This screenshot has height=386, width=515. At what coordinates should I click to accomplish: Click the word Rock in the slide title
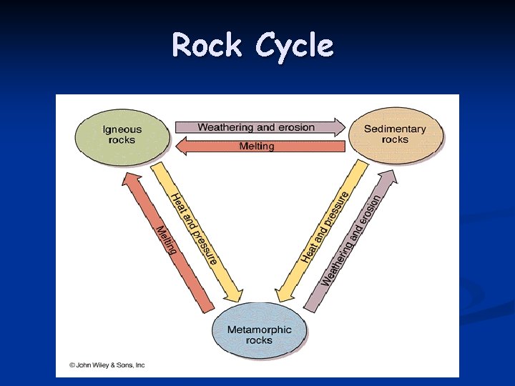point(208,46)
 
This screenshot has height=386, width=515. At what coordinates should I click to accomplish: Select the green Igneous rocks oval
point(122,134)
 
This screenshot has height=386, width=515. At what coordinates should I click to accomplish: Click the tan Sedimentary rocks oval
point(395,134)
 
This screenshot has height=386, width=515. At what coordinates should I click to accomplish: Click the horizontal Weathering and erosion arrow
point(256,127)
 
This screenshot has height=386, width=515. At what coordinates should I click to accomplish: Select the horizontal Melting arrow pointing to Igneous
point(256,147)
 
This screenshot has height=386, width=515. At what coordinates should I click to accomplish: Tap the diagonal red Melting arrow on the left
point(166,240)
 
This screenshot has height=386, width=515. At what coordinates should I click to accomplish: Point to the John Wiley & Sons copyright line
point(107,365)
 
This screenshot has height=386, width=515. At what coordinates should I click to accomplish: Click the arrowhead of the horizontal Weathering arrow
point(339,127)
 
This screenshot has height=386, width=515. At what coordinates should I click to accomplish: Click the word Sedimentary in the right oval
point(395,129)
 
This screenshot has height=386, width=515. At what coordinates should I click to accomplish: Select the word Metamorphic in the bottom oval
point(259,330)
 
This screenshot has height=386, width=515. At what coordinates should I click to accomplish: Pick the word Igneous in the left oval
point(122,129)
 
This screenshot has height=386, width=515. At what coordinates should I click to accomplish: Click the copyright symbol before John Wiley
point(72,365)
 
